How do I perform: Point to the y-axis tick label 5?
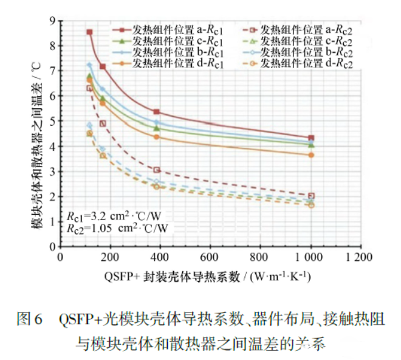52,121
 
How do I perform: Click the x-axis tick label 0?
60,257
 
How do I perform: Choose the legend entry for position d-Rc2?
300,63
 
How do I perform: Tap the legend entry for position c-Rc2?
300,41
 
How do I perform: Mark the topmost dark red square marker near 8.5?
90,32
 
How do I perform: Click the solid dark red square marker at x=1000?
311,138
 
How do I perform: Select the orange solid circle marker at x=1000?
311,155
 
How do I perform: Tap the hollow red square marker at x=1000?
311,196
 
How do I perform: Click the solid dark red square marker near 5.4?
157,112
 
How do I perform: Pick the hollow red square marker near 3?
157,170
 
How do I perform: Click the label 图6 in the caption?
29,319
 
